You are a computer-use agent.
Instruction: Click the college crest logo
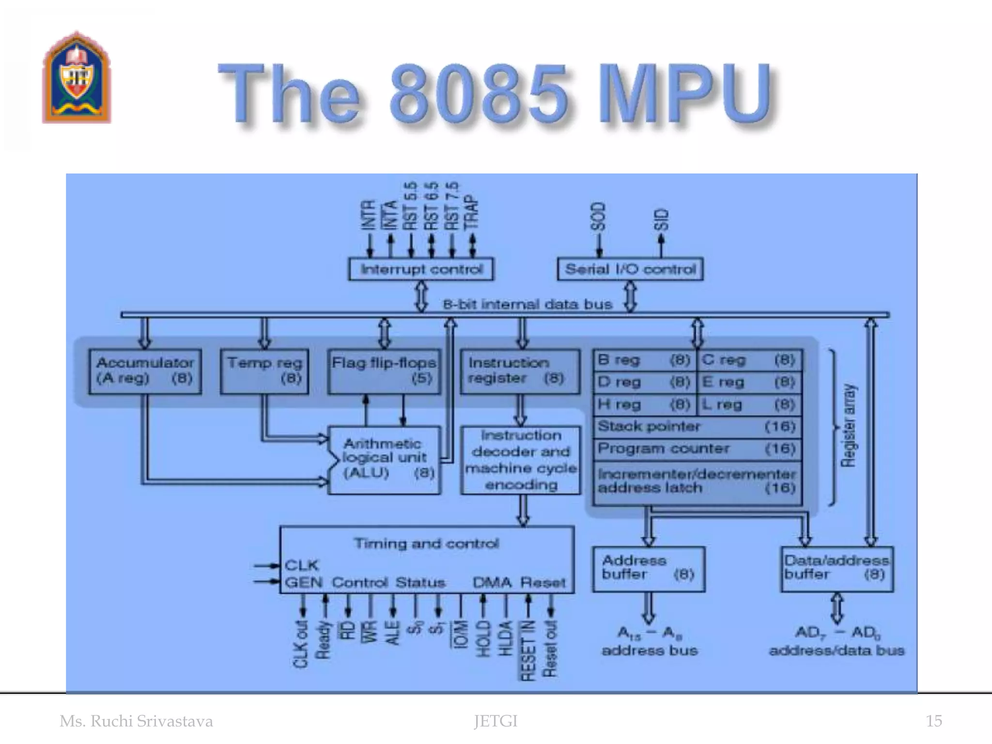pos(77,77)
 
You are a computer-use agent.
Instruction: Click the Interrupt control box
pos(421,269)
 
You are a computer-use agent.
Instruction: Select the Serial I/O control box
pos(630,269)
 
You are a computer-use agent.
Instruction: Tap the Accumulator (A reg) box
pos(145,371)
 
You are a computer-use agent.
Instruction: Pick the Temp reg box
pos(264,371)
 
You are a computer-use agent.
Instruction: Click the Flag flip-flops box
pos(384,371)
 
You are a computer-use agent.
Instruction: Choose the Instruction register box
pos(520,371)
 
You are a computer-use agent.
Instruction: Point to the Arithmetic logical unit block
pos(384,459)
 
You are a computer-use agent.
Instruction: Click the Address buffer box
pos(648,569)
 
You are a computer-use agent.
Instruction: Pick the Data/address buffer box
pos(837,569)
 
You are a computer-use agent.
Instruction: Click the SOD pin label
pos(599,216)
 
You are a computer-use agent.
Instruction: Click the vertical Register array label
pos(848,426)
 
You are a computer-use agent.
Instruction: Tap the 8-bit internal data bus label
pos(527,305)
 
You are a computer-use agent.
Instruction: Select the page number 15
pos(933,721)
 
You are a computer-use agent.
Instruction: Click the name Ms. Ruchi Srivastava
pos(136,721)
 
